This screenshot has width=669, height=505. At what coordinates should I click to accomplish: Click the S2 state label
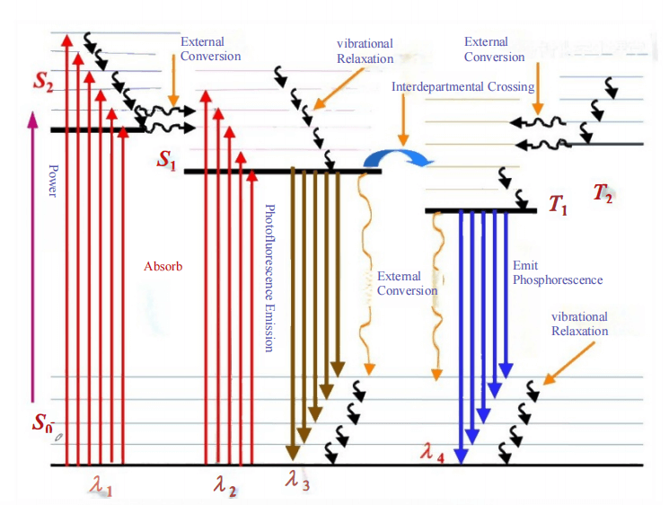(x=44, y=83)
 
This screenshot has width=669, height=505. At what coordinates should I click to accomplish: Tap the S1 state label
(x=167, y=160)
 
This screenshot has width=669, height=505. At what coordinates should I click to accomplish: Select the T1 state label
(x=558, y=208)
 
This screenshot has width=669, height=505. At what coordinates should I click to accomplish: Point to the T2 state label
(x=603, y=193)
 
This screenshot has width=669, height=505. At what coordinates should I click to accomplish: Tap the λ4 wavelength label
(x=433, y=449)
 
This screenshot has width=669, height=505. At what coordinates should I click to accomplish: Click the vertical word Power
(x=53, y=180)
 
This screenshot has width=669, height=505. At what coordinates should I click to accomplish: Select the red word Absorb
(x=163, y=267)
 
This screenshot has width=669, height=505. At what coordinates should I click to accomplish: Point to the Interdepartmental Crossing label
(x=462, y=87)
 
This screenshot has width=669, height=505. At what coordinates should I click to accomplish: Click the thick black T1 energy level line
(x=480, y=211)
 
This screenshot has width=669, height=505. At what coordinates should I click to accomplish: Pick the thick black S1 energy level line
(x=282, y=171)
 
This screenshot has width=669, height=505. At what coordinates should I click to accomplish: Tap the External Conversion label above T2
(x=495, y=49)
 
